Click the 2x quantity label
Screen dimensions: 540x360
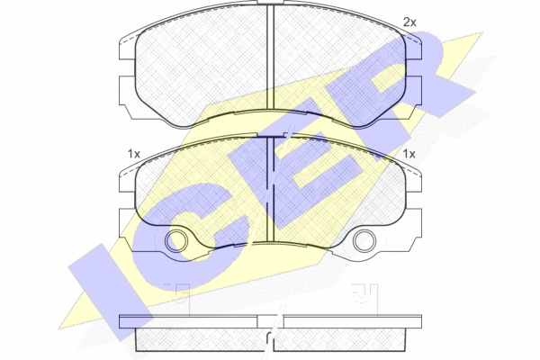coord(409,22)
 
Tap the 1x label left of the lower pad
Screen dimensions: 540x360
coord(134,154)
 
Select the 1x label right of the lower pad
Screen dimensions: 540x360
coord(409,154)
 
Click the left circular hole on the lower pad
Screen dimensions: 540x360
coord(176,241)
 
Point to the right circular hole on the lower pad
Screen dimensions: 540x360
coord(364,241)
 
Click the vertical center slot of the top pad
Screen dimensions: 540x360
coord(270,57)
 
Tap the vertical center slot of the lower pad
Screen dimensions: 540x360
coord(270,190)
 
